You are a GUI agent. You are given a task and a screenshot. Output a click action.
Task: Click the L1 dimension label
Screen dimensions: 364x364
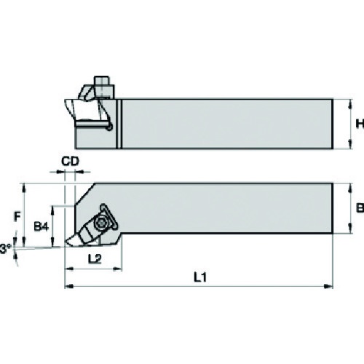click(200, 277)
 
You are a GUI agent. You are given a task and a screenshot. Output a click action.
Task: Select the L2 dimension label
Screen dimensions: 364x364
click(95, 259)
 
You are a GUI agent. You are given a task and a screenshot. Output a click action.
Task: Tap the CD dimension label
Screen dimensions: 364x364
click(70, 161)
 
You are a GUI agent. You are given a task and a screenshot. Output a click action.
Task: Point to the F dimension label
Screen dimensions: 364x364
click(17, 217)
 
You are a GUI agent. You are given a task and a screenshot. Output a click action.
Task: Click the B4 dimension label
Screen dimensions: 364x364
click(41, 227)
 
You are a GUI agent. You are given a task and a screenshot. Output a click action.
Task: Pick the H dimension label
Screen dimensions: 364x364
click(360, 124)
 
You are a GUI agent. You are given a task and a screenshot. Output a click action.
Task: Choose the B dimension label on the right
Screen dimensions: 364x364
click(360, 208)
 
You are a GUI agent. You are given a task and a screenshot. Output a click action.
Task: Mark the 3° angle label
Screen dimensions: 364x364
click(5, 249)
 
